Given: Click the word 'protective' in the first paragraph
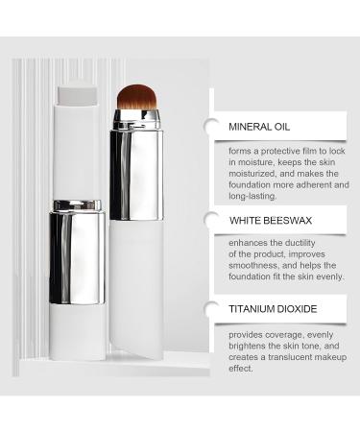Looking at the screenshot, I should point(280,151).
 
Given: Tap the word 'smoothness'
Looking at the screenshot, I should point(255,267).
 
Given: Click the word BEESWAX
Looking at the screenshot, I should point(292,220).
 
